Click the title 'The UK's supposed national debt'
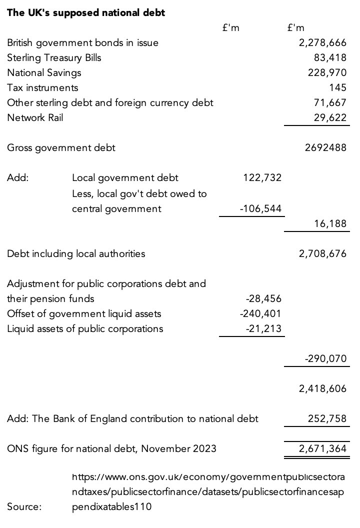86,13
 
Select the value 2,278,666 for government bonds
322,43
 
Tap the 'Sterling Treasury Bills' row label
54,58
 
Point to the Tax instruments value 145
338,88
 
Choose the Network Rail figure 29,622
330,118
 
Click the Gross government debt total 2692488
325,148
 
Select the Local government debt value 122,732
263,178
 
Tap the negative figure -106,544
261,208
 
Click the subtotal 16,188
330,223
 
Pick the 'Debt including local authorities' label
76,253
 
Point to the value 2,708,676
322,253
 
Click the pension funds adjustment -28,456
264,299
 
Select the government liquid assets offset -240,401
261,314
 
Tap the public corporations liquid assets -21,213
264,329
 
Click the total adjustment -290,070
325,359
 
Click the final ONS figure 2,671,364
322,449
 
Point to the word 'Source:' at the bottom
24,507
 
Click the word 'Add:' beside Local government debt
17,178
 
